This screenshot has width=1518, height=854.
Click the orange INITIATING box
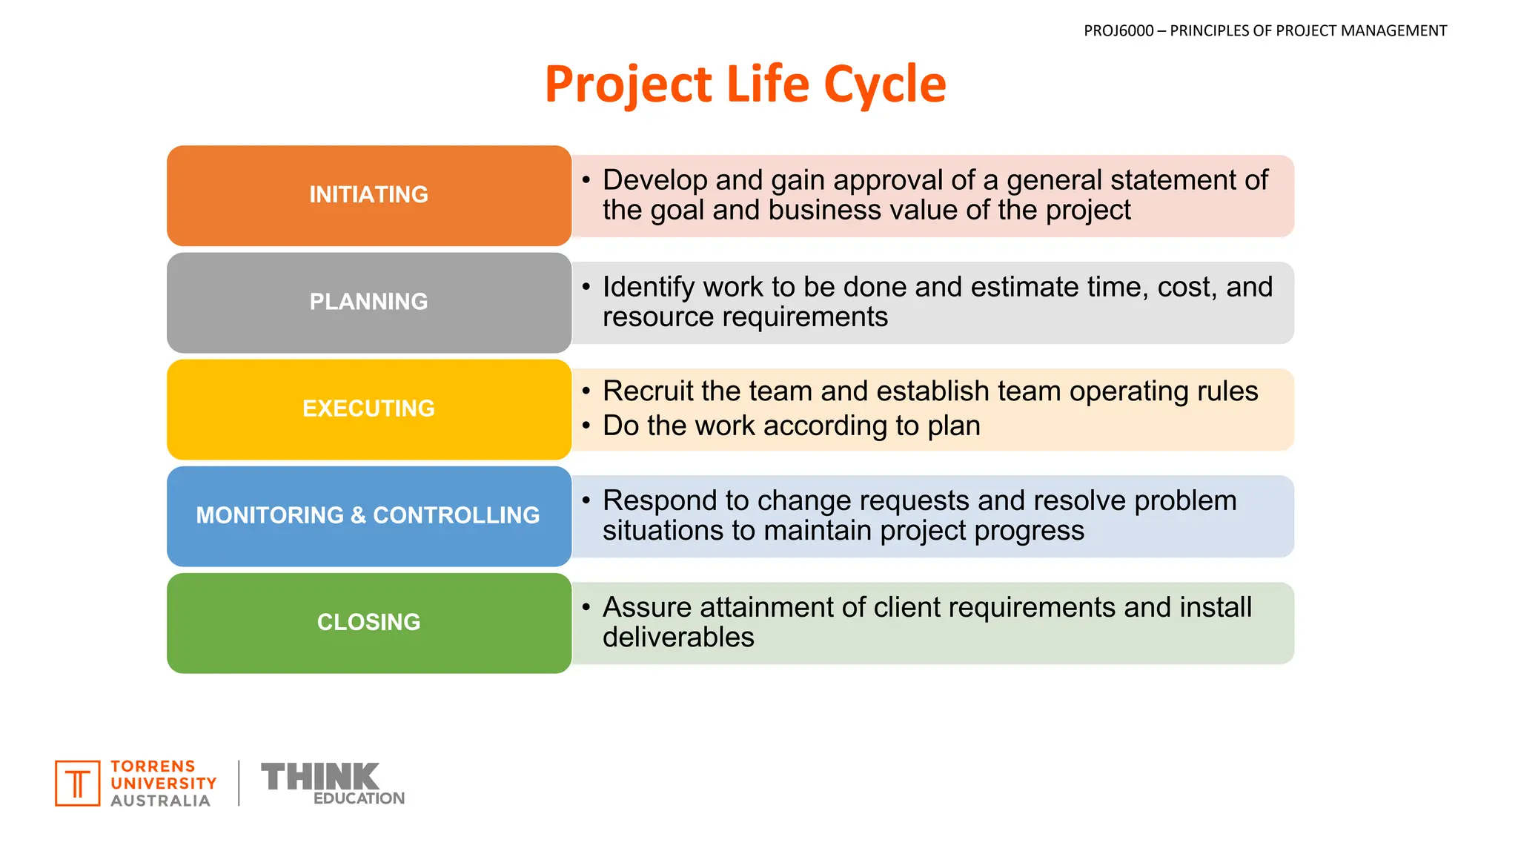pos(368,195)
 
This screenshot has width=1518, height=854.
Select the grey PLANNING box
pos(368,302)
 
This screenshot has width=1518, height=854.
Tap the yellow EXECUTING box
pos(368,408)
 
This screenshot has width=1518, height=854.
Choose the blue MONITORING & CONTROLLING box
pos(368,515)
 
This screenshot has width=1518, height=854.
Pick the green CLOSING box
pos(368,622)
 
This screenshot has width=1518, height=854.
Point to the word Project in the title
pos(629,84)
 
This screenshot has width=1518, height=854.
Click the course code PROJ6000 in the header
pos(1118,30)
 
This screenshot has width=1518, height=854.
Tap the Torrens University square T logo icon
pos(77,783)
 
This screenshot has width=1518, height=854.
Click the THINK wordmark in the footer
pos(320,776)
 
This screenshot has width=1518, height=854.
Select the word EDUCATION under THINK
pos(359,798)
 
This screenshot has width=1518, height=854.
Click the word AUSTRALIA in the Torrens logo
pos(160,801)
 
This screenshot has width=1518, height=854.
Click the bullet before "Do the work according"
pos(586,426)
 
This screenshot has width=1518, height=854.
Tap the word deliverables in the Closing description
pos(678,638)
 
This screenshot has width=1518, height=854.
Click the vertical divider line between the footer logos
pos(239,783)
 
